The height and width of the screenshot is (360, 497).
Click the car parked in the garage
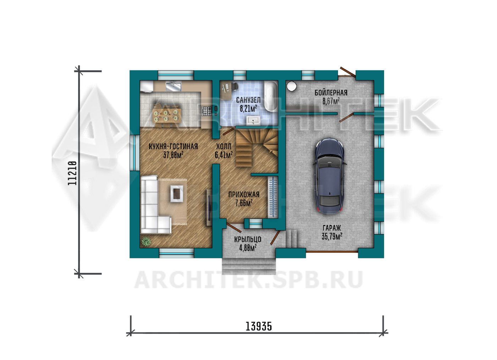pos(329,176)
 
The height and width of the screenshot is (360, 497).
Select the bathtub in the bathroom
pos(271,96)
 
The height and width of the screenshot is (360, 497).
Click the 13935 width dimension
pos(259,327)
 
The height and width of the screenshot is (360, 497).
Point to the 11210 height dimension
pos(72,173)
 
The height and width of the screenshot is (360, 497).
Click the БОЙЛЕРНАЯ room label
pos(331,93)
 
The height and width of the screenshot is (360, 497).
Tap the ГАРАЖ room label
pos(332,228)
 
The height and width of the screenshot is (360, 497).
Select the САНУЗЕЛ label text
pos(248,100)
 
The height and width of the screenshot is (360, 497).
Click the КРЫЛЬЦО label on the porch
pos(248,239)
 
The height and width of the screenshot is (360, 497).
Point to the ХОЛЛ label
pos(224,146)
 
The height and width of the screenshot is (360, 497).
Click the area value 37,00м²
pos(173,155)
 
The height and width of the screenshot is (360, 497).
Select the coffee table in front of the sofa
pos(177,194)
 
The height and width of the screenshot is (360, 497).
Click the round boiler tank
pos(291,86)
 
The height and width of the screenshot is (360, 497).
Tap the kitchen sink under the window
pos(174,86)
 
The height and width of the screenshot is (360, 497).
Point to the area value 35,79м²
pos(332,236)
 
